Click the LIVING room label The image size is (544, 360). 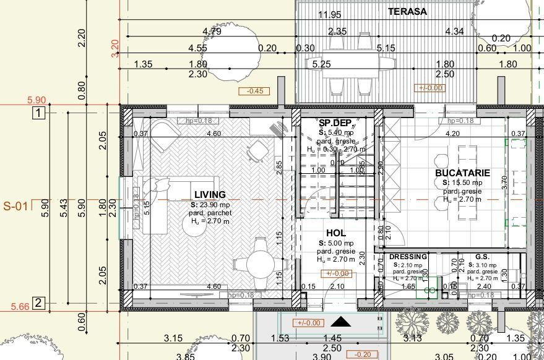point(209,195)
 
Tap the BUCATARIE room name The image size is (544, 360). point(462,173)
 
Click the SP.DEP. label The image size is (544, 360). point(335,123)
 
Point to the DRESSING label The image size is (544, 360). point(408,257)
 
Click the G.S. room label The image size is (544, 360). point(483,257)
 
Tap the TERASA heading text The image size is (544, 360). point(407,11)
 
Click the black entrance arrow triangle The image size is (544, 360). point(340,321)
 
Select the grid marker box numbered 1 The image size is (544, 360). point(39,113)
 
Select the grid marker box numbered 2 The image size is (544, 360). point(39,302)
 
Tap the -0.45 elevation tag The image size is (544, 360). point(254,91)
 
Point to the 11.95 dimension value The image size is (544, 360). point(329,15)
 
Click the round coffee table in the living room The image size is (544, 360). point(196,226)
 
